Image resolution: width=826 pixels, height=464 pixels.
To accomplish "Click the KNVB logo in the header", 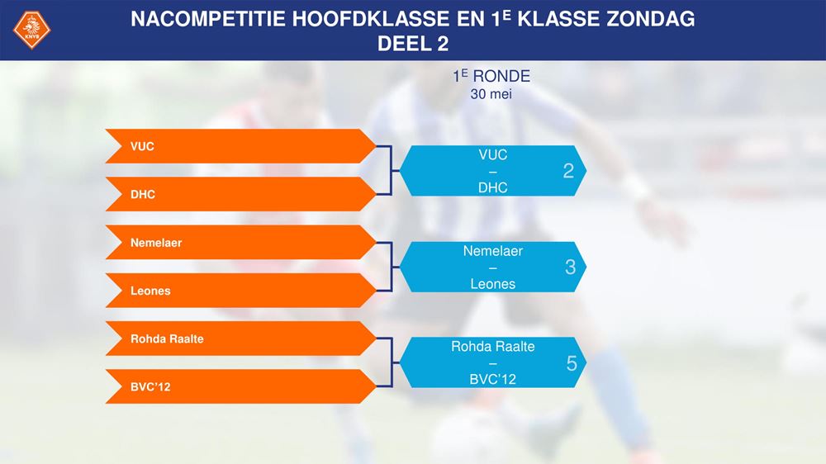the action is click(31, 30).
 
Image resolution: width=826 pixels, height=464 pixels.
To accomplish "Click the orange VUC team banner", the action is click(240, 146).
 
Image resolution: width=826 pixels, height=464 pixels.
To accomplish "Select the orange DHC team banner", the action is click(240, 194).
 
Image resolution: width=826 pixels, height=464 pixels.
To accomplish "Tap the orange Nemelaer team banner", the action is click(240, 242).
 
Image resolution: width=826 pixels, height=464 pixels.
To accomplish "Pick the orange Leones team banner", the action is click(240, 290).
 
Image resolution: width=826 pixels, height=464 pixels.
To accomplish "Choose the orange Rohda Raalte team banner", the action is click(240, 339).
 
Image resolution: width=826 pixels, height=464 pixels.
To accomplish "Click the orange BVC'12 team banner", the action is click(240, 386).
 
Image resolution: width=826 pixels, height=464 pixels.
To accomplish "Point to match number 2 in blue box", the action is click(568, 171).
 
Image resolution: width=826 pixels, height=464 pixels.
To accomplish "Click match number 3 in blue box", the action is click(570, 267).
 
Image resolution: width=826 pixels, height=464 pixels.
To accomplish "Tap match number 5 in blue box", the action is click(572, 363).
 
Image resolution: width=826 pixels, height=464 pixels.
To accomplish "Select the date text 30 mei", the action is click(491, 94).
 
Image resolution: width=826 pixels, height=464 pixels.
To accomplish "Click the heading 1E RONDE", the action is click(491, 76).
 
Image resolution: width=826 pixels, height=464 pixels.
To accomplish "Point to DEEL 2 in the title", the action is click(413, 44).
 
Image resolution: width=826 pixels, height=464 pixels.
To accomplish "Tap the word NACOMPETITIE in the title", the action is click(208, 19).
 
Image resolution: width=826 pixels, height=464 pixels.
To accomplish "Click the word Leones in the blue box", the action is click(492, 284).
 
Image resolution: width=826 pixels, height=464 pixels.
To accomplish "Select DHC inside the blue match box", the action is click(492, 187).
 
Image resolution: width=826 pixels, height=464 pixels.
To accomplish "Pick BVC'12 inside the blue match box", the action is click(492, 379).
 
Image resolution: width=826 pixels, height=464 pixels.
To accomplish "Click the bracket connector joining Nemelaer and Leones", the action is click(392, 267).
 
